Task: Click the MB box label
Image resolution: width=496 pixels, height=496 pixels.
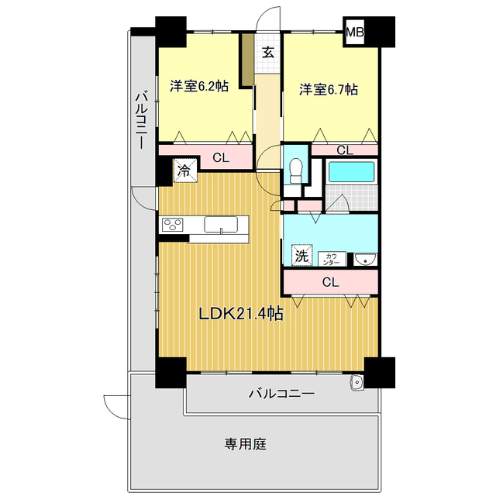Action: click(x=354, y=33)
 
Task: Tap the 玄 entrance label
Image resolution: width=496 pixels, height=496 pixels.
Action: click(x=267, y=53)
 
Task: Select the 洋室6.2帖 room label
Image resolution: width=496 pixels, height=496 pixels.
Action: click(x=199, y=88)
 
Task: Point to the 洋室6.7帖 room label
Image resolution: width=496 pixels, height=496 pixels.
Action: click(x=329, y=89)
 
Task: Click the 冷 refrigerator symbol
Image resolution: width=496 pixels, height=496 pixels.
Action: click(x=184, y=170)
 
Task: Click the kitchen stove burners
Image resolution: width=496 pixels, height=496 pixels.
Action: click(x=172, y=226)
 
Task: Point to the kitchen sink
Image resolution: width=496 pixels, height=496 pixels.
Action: click(x=222, y=225)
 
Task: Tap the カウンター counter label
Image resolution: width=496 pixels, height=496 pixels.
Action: click(x=331, y=258)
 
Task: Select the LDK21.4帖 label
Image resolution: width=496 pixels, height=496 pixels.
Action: click(x=240, y=314)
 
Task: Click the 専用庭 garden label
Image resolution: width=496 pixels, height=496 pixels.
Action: click(x=246, y=445)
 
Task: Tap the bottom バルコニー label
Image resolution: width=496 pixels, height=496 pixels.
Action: click(x=281, y=394)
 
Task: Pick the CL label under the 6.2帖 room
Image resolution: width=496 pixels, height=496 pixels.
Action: click(x=221, y=158)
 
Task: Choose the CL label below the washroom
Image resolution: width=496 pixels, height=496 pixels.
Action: click(x=330, y=282)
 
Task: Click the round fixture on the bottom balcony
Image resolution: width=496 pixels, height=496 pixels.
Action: click(x=357, y=382)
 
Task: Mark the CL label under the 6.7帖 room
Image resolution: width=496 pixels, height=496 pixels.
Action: click(x=345, y=150)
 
